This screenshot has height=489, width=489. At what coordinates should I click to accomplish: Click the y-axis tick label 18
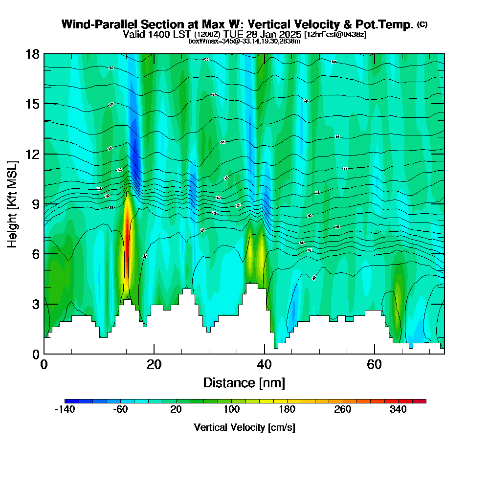point(32,54)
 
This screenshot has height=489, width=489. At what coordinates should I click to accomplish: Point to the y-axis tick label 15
point(32,104)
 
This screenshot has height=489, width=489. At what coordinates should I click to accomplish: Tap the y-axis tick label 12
point(32,154)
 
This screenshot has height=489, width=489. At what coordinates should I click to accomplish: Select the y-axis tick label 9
point(36,204)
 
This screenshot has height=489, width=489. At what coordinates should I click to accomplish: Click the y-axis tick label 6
point(36,254)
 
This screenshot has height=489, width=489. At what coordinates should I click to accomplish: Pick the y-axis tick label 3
point(36,304)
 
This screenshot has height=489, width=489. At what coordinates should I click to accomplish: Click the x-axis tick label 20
point(154,364)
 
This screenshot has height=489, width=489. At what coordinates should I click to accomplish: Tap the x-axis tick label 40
point(264,364)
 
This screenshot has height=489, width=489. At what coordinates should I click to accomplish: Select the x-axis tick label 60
point(374,364)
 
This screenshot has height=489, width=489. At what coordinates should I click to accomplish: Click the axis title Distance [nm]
point(244,382)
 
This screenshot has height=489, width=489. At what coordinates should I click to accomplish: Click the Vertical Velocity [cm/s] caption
point(244,427)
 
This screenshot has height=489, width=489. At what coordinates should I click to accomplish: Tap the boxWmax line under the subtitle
point(244,41)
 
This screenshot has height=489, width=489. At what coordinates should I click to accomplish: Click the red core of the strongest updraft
point(127,235)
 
